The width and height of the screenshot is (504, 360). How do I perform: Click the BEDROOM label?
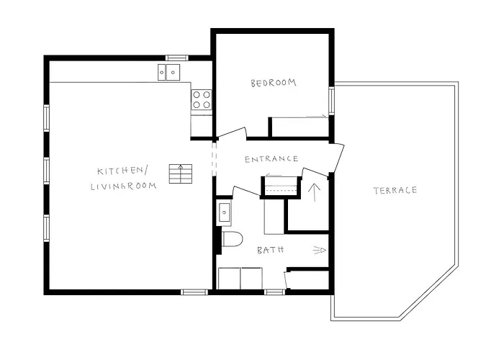273,84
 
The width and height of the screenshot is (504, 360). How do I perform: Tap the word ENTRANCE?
271,159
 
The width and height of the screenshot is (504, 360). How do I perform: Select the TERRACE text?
395,190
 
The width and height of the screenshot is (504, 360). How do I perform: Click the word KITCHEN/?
122,171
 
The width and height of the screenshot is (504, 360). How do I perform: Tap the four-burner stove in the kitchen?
202,99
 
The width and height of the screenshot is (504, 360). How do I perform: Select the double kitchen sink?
169,72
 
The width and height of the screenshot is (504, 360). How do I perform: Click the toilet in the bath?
230,239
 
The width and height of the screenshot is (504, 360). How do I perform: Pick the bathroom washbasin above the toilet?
224,212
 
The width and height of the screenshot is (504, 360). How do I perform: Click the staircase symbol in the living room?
181,174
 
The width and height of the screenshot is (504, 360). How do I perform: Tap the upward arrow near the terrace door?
312,192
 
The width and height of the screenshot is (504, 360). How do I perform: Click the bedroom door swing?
232,134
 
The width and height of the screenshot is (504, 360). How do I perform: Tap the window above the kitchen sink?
176,58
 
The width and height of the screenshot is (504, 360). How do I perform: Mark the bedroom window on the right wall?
332,101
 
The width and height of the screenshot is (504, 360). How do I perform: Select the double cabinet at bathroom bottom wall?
242,277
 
